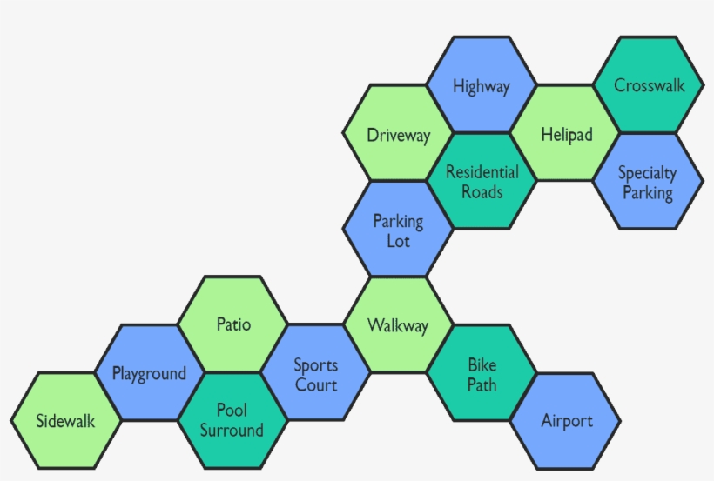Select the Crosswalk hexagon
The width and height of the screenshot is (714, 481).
click(x=649, y=85)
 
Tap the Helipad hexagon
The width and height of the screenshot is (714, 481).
click(x=566, y=134)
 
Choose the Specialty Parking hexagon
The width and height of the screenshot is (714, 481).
click(x=648, y=182)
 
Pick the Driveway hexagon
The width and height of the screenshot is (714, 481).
click(x=398, y=135)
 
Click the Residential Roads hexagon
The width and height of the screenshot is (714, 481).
click(x=482, y=182)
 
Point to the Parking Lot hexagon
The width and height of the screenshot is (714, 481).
click(x=398, y=230)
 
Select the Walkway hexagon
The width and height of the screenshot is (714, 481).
click(x=398, y=325)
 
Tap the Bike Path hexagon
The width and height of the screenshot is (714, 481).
click(x=482, y=373)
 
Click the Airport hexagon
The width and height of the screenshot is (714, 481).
click(x=566, y=421)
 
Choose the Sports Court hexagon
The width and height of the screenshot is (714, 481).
click(x=315, y=374)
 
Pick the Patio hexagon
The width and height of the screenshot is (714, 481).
click(x=233, y=324)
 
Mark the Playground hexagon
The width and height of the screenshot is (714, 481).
click(x=149, y=373)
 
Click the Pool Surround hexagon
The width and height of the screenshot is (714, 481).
click(x=232, y=421)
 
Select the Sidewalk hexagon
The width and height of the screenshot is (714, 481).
click(x=66, y=422)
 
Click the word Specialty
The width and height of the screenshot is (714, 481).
click(x=648, y=173)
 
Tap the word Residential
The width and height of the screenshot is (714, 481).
click(x=482, y=172)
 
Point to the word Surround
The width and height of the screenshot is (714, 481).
click(x=232, y=431)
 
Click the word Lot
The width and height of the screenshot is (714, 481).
click(x=398, y=241)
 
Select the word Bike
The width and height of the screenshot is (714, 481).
click(x=482, y=364)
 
